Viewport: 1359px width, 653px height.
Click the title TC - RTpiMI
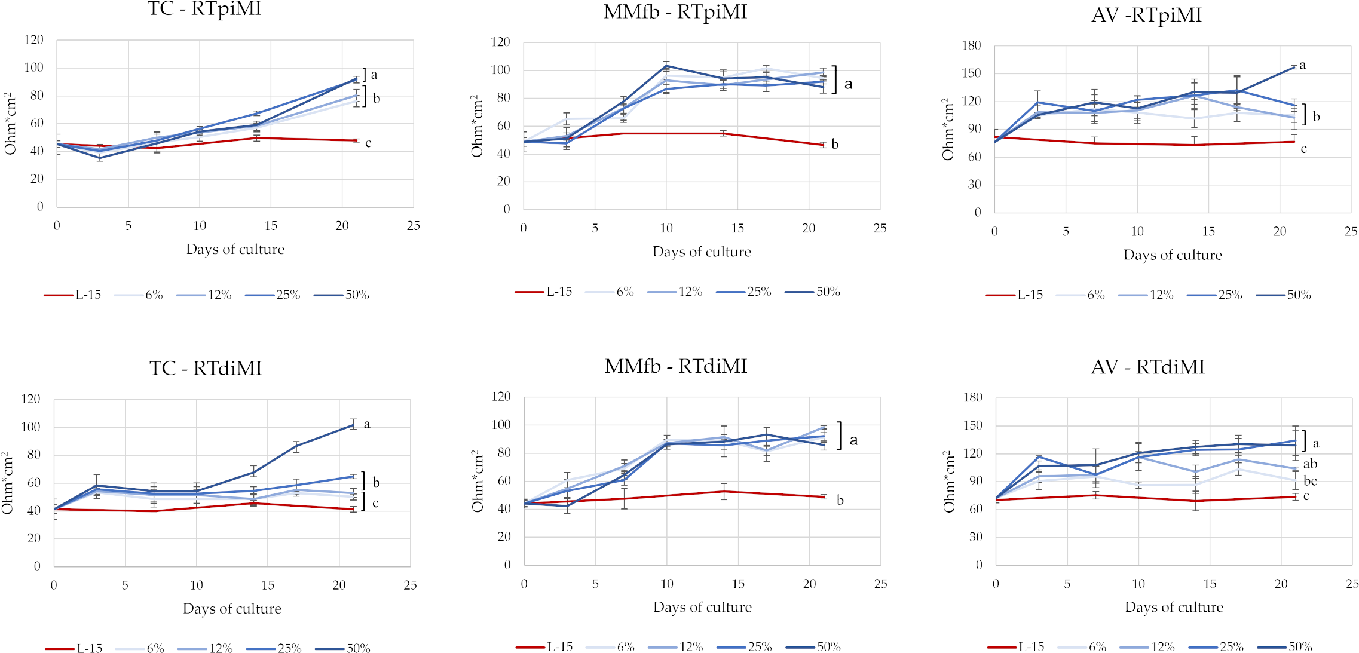tap(204, 9)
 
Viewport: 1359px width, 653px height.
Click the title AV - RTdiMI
tap(1147, 366)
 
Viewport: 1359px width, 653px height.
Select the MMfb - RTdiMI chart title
tap(676, 366)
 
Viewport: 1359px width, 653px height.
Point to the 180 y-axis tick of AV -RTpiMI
tap(971, 45)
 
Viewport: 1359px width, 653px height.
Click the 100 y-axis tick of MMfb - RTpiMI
tap(500, 70)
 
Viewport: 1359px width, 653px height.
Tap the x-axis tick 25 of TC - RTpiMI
tap(413, 226)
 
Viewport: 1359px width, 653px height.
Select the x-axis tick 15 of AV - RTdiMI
tap(1210, 584)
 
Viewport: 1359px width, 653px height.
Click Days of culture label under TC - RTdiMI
tap(232, 609)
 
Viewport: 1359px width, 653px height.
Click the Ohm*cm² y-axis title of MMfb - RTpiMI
tap(477, 126)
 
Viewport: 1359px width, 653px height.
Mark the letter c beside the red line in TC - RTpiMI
tap(368, 143)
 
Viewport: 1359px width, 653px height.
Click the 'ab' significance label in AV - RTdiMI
tap(1309, 464)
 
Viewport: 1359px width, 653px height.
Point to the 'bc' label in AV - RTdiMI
tap(1309, 481)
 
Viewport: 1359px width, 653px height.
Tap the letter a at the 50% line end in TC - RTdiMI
tap(366, 424)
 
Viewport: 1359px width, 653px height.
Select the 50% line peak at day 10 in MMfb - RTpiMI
tap(666, 66)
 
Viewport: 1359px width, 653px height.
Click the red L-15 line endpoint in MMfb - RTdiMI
tap(824, 497)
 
